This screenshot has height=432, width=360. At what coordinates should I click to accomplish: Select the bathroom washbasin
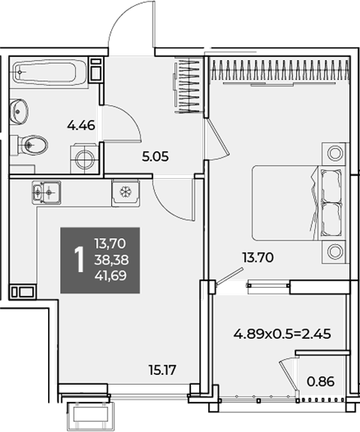[x=19, y=112]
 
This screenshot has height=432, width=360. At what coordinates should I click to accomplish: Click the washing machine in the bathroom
[x=84, y=159]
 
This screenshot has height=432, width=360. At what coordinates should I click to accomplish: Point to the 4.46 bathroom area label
[x=81, y=125]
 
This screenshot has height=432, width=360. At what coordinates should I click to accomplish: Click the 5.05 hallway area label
[x=155, y=157]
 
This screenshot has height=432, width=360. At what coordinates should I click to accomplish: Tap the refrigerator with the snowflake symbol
[x=126, y=192]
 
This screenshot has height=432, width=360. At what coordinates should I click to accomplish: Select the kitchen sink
[x=47, y=192]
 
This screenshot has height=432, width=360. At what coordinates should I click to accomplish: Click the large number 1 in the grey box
[x=79, y=259]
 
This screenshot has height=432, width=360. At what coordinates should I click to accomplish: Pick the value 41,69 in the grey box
[x=110, y=276]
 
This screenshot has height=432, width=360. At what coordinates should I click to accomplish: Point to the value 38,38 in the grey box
[x=111, y=259]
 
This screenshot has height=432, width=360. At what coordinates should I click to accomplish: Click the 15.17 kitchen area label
[x=162, y=370]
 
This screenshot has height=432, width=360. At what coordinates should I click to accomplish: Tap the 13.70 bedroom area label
[x=258, y=258]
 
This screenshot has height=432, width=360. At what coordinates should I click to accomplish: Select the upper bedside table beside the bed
[x=334, y=153]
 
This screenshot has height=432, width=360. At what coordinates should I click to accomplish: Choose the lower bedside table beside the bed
[x=334, y=252]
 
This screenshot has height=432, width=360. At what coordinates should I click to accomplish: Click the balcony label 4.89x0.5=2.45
[x=282, y=334]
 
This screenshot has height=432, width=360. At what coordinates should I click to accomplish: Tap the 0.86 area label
[x=321, y=382]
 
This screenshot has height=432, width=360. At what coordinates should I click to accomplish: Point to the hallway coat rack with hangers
[x=189, y=86]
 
